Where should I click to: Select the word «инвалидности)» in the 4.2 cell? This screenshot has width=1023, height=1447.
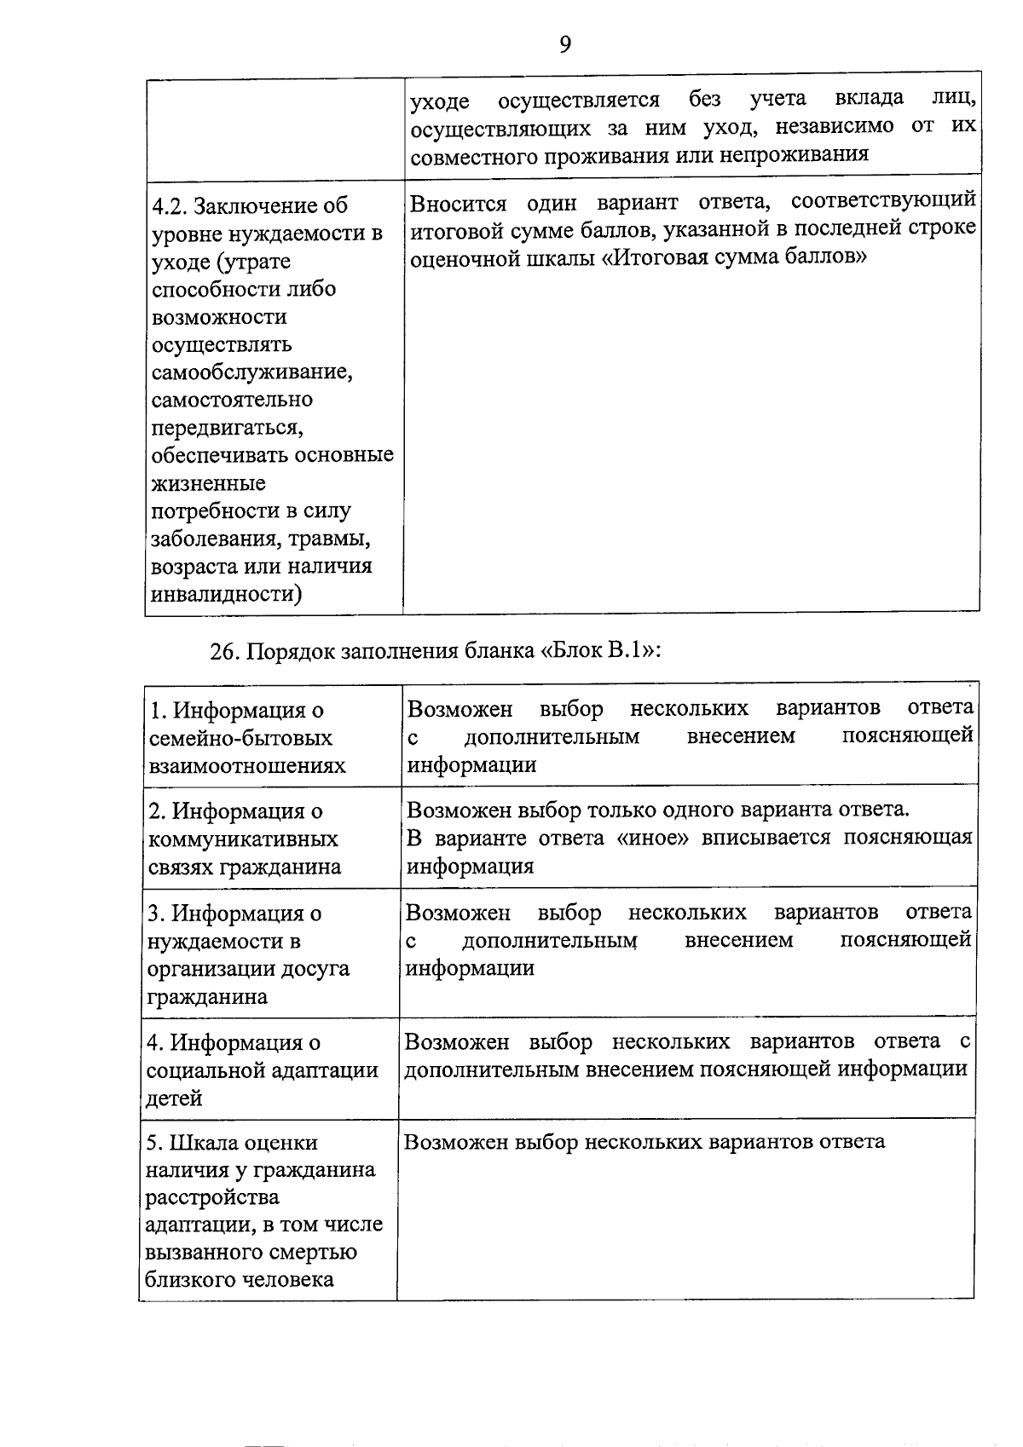pos(226,594)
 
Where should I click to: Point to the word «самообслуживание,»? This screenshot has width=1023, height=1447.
pos(252,372)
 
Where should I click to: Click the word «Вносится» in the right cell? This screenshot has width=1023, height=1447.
pos(458,205)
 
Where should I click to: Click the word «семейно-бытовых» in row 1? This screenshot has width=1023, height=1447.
pos(240,738)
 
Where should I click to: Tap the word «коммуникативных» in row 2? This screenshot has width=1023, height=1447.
pos(243,839)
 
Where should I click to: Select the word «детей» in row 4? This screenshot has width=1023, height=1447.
pos(175,1098)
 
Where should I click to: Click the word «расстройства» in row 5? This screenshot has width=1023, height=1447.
pos(212,1198)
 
